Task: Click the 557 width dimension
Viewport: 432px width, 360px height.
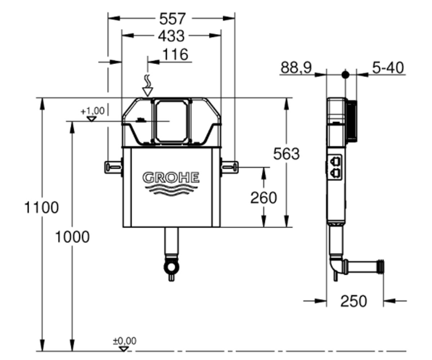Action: (172, 19)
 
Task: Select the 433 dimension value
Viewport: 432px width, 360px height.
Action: (171, 36)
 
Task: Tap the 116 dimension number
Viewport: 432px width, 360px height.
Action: (175, 54)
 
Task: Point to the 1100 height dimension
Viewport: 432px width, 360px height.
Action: (42, 207)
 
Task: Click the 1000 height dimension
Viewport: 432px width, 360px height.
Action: (72, 237)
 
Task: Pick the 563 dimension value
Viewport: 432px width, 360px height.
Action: (286, 154)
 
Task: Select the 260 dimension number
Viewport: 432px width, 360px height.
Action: (264, 198)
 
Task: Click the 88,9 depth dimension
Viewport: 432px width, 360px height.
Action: (296, 67)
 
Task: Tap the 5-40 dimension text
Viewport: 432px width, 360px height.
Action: (388, 68)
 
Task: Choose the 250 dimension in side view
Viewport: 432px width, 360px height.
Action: (354, 301)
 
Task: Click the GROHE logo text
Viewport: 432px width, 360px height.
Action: (171, 178)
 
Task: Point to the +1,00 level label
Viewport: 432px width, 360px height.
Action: (93, 111)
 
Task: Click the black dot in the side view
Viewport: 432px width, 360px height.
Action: (345, 75)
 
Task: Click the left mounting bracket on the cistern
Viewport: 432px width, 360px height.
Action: (113, 167)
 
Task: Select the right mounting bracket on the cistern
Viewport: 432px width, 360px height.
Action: (230, 167)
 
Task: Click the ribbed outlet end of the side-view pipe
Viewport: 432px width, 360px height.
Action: (381, 267)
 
